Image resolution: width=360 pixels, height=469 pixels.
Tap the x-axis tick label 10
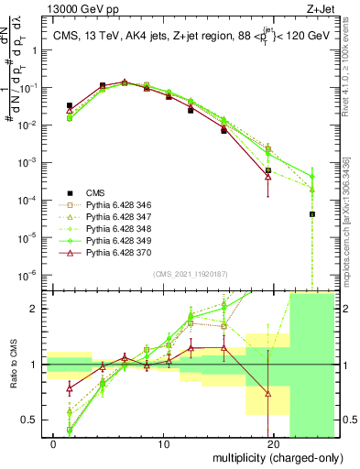164,445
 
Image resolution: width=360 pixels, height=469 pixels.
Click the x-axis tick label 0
54,445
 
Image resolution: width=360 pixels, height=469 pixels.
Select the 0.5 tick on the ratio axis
35,420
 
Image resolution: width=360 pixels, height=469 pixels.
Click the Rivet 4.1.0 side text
352,64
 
